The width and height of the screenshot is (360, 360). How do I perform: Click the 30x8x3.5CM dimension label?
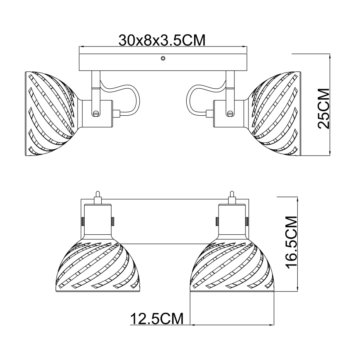click(x=162, y=40)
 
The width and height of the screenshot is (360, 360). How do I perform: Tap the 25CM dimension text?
click(x=324, y=108)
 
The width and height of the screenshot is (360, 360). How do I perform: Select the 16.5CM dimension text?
click(x=291, y=242)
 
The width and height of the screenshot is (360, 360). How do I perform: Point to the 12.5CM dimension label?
click(x=157, y=319)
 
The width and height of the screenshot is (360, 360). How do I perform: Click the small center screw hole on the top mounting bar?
click(x=163, y=58)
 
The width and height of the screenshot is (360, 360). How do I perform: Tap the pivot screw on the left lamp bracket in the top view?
click(x=96, y=113)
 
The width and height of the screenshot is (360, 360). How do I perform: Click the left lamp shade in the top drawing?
click(x=51, y=114)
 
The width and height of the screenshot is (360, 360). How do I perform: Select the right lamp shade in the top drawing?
click(x=275, y=114)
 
